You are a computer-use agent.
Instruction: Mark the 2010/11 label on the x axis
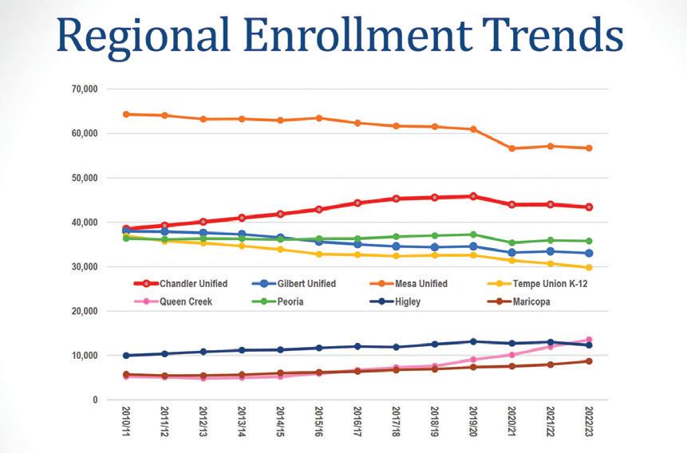click(x=125, y=427)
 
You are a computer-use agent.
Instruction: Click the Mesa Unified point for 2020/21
click(x=511, y=148)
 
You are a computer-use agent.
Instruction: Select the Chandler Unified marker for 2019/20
click(x=473, y=196)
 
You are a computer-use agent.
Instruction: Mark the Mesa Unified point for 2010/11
click(x=125, y=114)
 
